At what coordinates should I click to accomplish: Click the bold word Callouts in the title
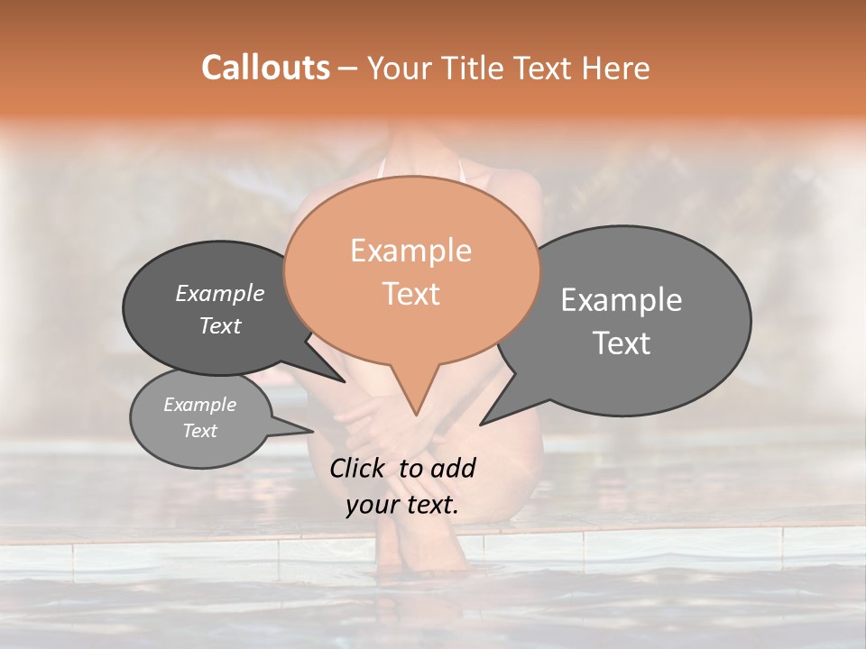(x=265, y=68)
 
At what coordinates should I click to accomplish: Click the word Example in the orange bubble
(x=410, y=251)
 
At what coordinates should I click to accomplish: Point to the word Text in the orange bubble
(x=411, y=294)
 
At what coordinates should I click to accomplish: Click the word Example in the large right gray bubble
(x=622, y=300)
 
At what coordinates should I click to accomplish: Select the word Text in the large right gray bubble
(x=622, y=343)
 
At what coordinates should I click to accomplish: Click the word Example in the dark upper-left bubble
(x=219, y=293)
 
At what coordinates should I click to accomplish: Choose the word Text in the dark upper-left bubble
(x=220, y=325)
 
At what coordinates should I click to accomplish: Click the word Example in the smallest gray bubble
(x=199, y=405)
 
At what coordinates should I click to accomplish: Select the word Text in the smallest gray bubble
(x=200, y=431)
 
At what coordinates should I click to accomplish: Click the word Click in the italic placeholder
(x=360, y=468)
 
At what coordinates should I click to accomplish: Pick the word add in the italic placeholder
(x=453, y=468)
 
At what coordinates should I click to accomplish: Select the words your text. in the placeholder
(x=402, y=505)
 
